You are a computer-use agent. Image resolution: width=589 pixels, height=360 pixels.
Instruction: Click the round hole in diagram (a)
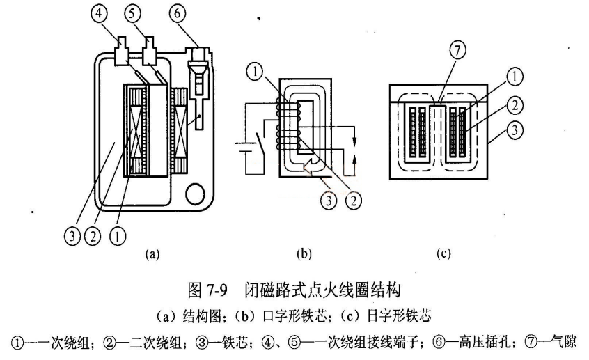pyautogui.click(x=194, y=191)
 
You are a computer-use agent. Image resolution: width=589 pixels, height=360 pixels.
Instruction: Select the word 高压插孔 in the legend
pyautogui.click(x=476, y=341)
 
